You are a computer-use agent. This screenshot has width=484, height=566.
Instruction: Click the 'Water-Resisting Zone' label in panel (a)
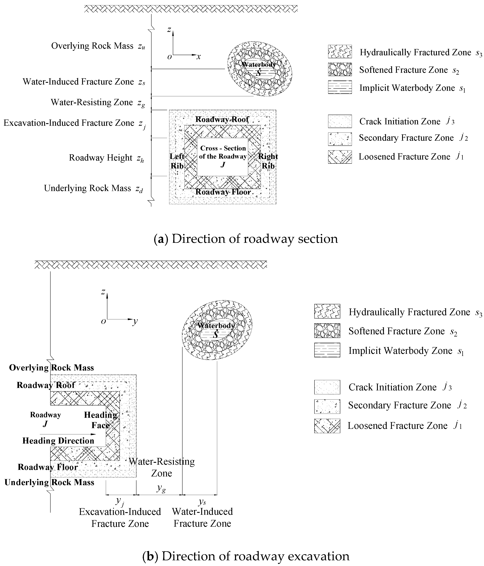92,102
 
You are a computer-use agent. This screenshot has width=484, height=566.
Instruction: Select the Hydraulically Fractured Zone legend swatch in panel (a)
340,52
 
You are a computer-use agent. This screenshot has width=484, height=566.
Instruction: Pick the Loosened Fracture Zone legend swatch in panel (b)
327,426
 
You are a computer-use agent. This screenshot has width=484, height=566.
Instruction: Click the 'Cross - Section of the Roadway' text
223,152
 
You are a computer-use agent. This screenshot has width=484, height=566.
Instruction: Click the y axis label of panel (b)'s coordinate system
135,321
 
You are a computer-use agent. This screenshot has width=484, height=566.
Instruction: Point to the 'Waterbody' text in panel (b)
216,326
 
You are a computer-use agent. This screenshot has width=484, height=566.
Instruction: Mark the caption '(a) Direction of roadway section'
246,239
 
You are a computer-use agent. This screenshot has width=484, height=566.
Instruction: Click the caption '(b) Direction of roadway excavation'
246,556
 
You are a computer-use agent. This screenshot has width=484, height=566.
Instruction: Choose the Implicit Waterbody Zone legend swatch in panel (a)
340,87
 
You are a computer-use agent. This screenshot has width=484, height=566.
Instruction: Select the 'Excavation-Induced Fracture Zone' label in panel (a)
69,123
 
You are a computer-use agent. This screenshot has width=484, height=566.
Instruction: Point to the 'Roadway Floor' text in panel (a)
223,192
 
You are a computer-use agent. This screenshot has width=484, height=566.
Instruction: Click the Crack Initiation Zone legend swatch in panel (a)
340,121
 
